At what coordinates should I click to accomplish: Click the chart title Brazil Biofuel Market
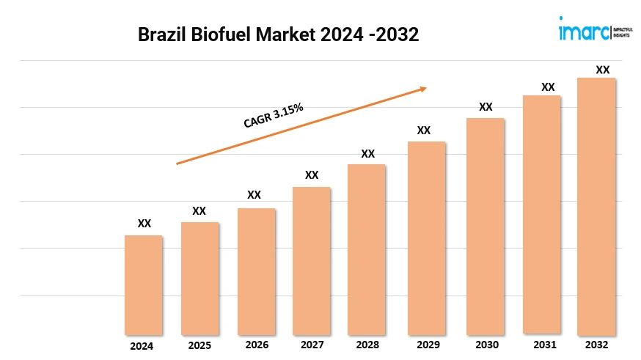pyautogui.click(x=279, y=35)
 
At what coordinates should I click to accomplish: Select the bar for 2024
pyautogui.click(x=144, y=285)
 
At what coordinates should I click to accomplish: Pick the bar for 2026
pyautogui.click(x=256, y=271)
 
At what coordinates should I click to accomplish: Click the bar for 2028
pyautogui.click(x=367, y=249)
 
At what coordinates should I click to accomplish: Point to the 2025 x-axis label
pyautogui.click(x=199, y=345)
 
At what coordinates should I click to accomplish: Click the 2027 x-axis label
pyautogui.click(x=311, y=345)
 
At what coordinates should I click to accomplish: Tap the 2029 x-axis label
pyautogui.click(x=426, y=345)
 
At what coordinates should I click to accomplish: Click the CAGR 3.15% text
pyautogui.click(x=274, y=116)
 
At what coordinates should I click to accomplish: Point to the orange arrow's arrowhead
pyautogui.click(x=422, y=89)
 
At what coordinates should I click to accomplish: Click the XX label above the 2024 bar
pyautogui.click(x=144, y=224)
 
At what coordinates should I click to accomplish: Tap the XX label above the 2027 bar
pyautogui.click(x=312, y=175)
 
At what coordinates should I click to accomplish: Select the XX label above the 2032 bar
pyautogui.click(x=602, y=70)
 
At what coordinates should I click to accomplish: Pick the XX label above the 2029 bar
pyautogui.click(x=423, y=130)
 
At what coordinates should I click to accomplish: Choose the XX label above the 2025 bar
pyautogui.click(x=199, y=210)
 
